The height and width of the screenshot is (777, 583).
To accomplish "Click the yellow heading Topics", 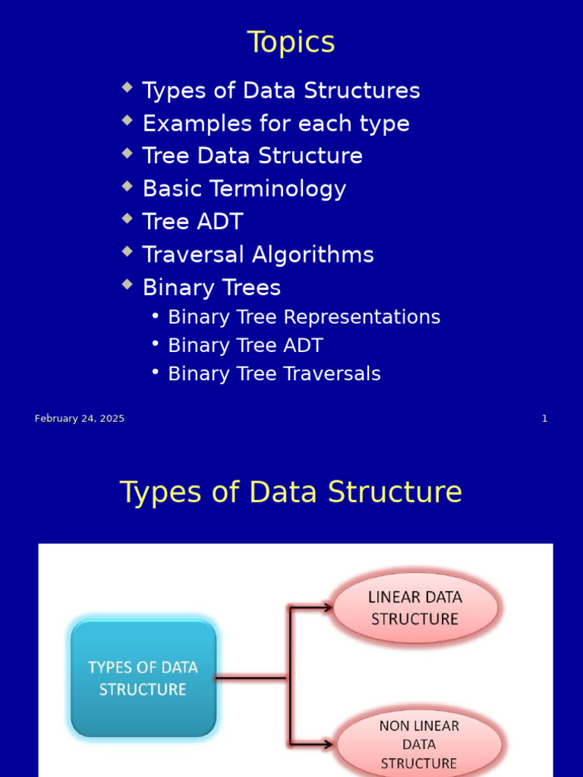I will pyautogui.click(x=291, y=42).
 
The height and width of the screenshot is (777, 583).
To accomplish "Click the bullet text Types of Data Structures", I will pyautogui.click(x=281, y=91).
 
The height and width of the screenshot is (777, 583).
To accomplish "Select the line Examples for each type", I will pyautogui.click(x=276, y=124).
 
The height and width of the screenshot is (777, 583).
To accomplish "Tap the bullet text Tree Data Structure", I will pyautogui.click(x=252, y=156).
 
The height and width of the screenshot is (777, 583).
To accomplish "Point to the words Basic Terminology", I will pyautogui.click(x=244, y=189).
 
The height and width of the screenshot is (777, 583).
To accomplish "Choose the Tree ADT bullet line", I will pyautogui.click(x=193, y=222).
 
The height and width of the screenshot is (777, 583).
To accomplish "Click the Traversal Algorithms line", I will pyautogui.click(x=258, y=255).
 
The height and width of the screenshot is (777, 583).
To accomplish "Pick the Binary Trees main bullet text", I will pyautogui.click(x=211, y=288).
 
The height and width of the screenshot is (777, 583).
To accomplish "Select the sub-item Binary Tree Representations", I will pyautogui.click(x=304, y=317).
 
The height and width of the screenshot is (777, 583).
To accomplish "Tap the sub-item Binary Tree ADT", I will pyautogui.click(x=244, y=346).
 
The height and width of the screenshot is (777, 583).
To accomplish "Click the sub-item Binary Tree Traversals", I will pyautogui.click(x=274, y=374).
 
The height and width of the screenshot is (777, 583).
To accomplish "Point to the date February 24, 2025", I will pyautogui.click(x=80, y=419).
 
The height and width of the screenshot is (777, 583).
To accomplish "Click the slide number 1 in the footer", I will pyautogui.click(x=544, y=419).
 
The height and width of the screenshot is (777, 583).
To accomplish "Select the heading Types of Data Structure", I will pyautogui.click(x=291, y=492).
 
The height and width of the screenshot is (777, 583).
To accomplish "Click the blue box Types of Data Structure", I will pyautogui.click(x=143, y=678).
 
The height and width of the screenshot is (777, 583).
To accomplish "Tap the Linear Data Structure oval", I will pyautogui.click(x=415, y=608).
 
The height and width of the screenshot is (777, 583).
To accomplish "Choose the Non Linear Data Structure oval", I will pyautogui.click(x=419, y=744).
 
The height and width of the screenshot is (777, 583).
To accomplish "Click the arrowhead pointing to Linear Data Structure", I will pyautogui.click(x=327, y=607).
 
